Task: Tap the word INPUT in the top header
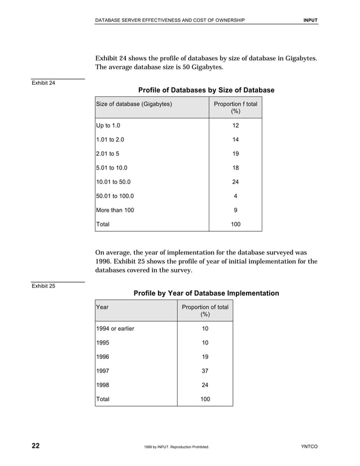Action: click(310, 20)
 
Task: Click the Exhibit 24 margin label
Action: click(43, 83)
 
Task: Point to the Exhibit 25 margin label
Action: click(43, 286)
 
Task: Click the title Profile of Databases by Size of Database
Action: click(206, 90)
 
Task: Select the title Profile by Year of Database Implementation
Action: click(206, 293)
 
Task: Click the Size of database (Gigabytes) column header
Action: click(134, 104)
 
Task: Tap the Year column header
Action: click(103, 307)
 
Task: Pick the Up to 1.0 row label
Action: click(108, 125)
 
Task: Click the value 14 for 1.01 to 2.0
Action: click(235, 139)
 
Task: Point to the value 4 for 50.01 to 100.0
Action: click(235, 196)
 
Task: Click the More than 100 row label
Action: click(115, 210)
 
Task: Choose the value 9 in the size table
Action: click(235, 210)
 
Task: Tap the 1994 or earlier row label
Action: click(116, 328)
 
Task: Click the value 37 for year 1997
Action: click(205, 371)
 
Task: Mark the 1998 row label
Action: click(103, 385)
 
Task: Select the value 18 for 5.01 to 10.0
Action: click(235, 168)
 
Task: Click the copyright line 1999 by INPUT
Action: click(177, 447)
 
